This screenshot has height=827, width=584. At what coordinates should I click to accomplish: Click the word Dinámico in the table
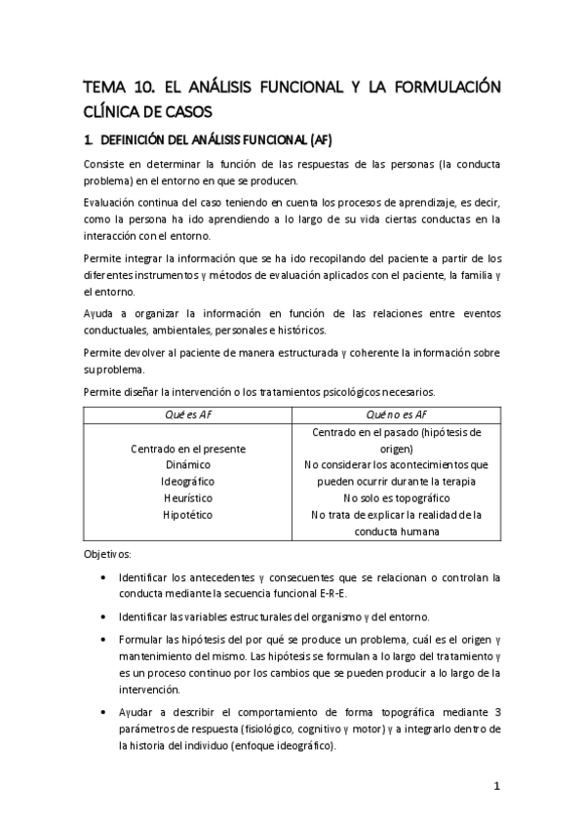[x=188, y=465]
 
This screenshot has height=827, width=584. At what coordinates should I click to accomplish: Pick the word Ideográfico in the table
[x=188, y=482]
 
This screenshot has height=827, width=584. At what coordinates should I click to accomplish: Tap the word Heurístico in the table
[x=188, y=498]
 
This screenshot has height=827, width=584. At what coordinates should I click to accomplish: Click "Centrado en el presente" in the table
[x=188, y=449]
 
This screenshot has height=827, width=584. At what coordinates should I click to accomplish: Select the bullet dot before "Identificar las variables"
[x=104, y=616]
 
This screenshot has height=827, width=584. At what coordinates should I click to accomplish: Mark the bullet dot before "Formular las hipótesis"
[x=104, y=640]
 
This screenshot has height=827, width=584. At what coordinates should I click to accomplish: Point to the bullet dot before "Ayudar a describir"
[x=104, y=714]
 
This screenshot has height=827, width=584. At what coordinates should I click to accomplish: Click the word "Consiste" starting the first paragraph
[x=105, y=163]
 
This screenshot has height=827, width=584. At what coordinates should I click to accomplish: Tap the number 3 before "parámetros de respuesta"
[x=497, y=714]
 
